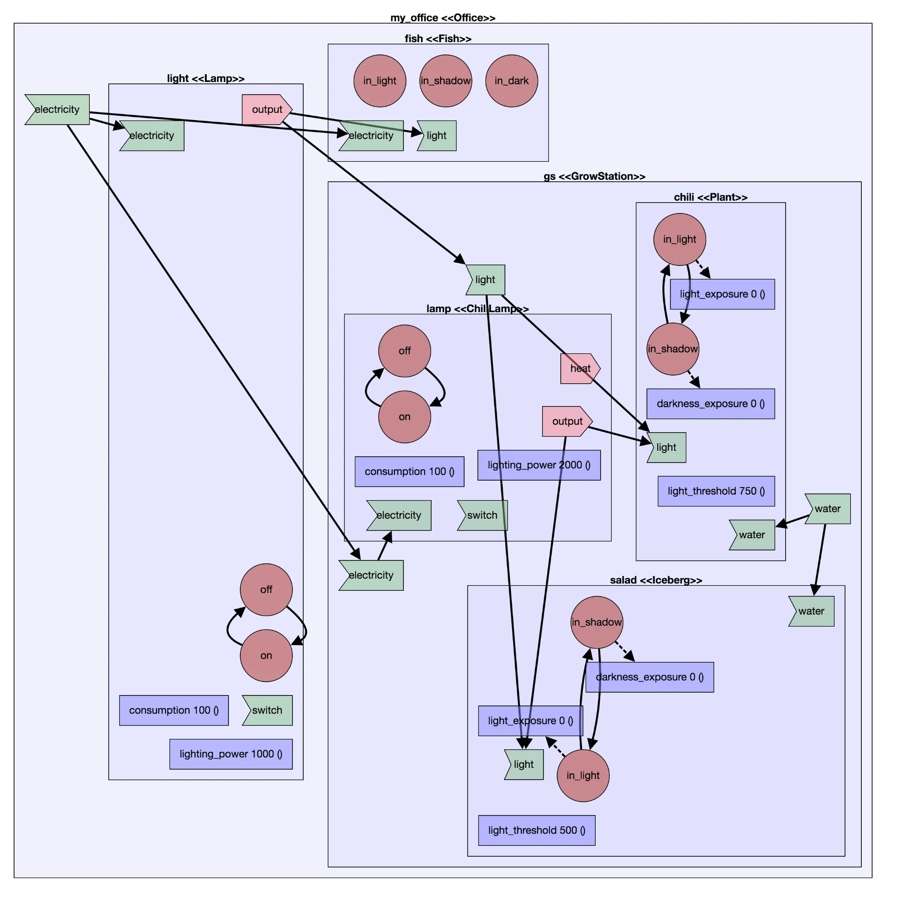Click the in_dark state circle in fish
(x=512, y=81)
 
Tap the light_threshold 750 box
(x=716, y=491)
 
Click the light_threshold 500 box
(x=536, y=830)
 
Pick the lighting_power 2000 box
(x=539, y=465)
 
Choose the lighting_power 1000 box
(x=231, y=754)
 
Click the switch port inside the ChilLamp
(x=482, y=516)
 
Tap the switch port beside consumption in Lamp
(x=267, y=710)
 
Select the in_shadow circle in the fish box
(x=446, y=81)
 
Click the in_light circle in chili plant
(x=680, y=240)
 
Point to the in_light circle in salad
(x=582, y=776)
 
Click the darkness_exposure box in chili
(x=710, y=404)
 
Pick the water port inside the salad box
(x=811, y=611)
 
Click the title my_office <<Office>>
(x=442, y=18)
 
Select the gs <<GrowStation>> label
(x=594, y=177)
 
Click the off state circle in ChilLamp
(x=405, y=351)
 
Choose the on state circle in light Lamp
(x=266, y=656)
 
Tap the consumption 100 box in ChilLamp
(x=409, y=472)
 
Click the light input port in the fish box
(x=437, y=136)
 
